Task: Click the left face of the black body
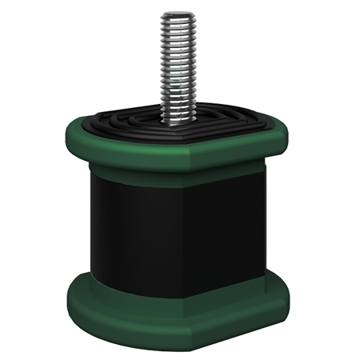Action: tap(132, 232)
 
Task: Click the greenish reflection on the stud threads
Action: tap(174, 80)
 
